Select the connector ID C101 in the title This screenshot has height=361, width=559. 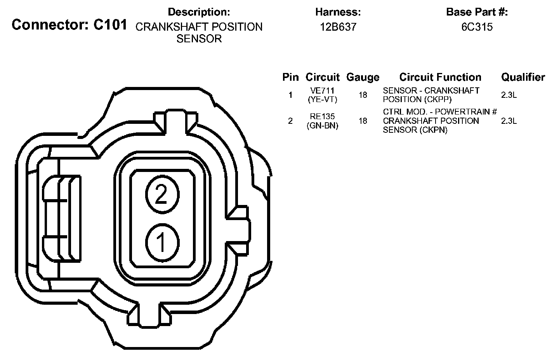pos(110,25)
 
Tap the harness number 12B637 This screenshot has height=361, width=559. pos(338,27)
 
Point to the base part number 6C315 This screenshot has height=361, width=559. pos(477,27)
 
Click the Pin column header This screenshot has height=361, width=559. pos(290,77)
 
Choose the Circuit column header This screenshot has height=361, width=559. pos(323,77)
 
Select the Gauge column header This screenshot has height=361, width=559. pos(363,77)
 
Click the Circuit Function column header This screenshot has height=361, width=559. pos(440,77)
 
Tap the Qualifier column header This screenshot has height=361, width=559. pos(523,77)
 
